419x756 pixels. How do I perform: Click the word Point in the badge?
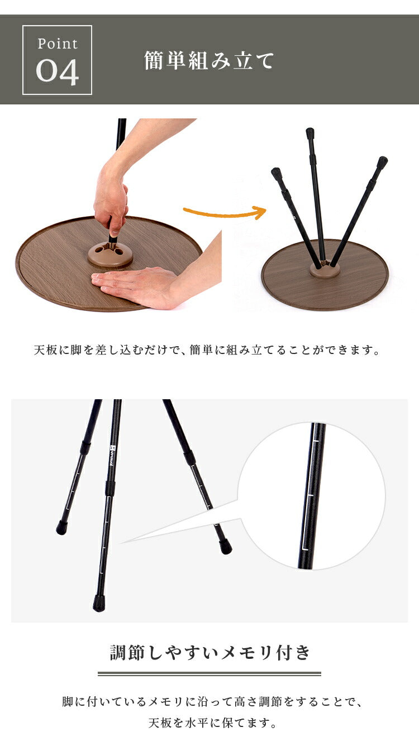pos(58,44)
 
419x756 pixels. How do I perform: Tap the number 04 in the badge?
pos(58,72)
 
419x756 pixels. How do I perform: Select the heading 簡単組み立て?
pos(209,61)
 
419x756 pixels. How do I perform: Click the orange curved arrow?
pos(225,213)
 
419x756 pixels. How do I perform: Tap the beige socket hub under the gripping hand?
pos(110,255)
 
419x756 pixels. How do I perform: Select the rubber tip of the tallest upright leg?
pos(310,133)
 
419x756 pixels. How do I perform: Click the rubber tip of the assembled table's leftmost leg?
pos(276,172)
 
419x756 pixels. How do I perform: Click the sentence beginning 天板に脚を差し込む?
pos(207,350)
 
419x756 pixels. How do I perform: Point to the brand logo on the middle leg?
pos(112,456)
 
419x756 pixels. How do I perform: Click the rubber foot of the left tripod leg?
pos(61,527)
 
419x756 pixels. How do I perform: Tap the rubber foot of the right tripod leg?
pos(225,547)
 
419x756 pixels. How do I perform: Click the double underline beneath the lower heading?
pos(209,674)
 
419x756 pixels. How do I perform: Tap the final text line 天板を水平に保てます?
pos(212,722)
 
